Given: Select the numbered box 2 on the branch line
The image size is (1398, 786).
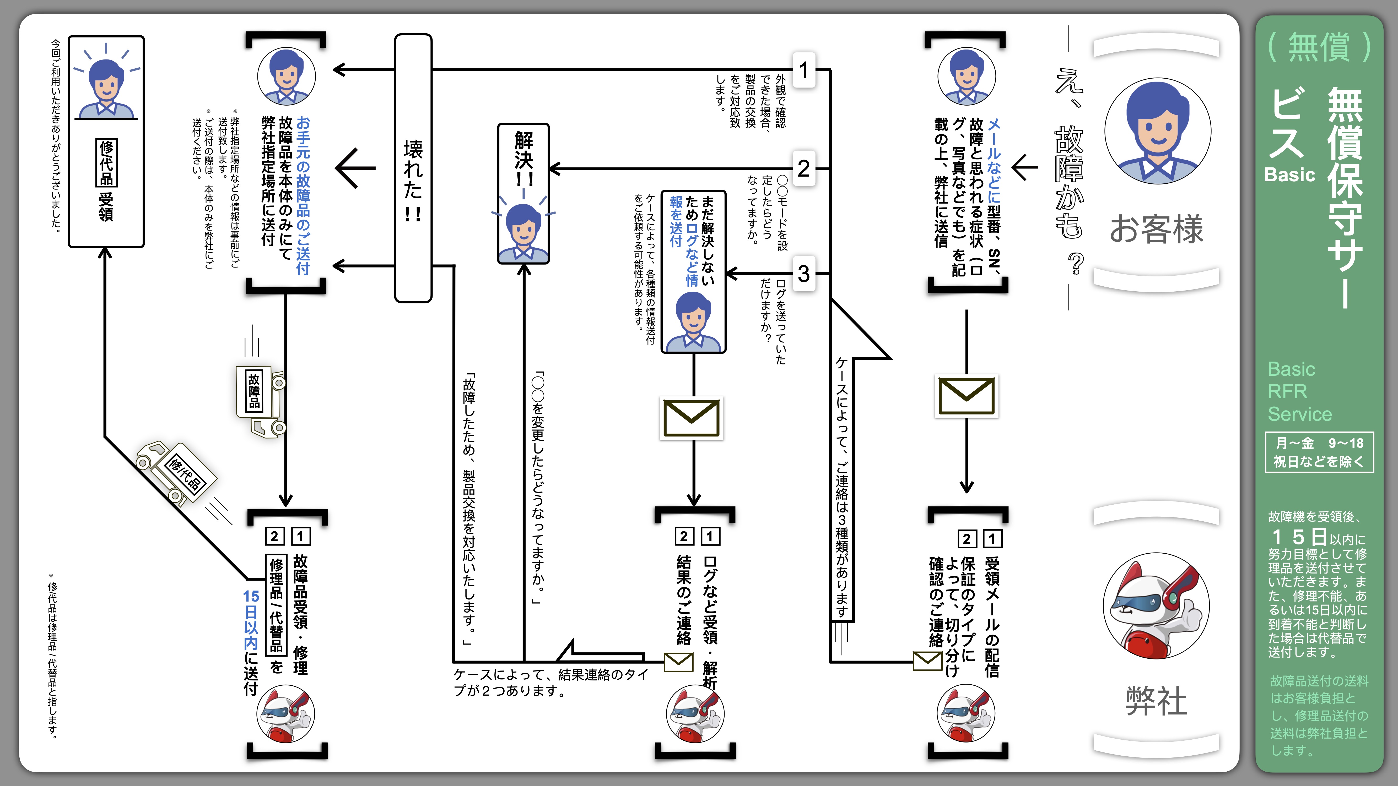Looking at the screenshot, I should [804, 169].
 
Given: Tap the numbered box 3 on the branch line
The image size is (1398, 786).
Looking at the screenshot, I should [804, 274].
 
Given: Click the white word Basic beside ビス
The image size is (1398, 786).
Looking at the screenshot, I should [1289, 175].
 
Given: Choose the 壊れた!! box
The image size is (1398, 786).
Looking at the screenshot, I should [413, 168].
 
